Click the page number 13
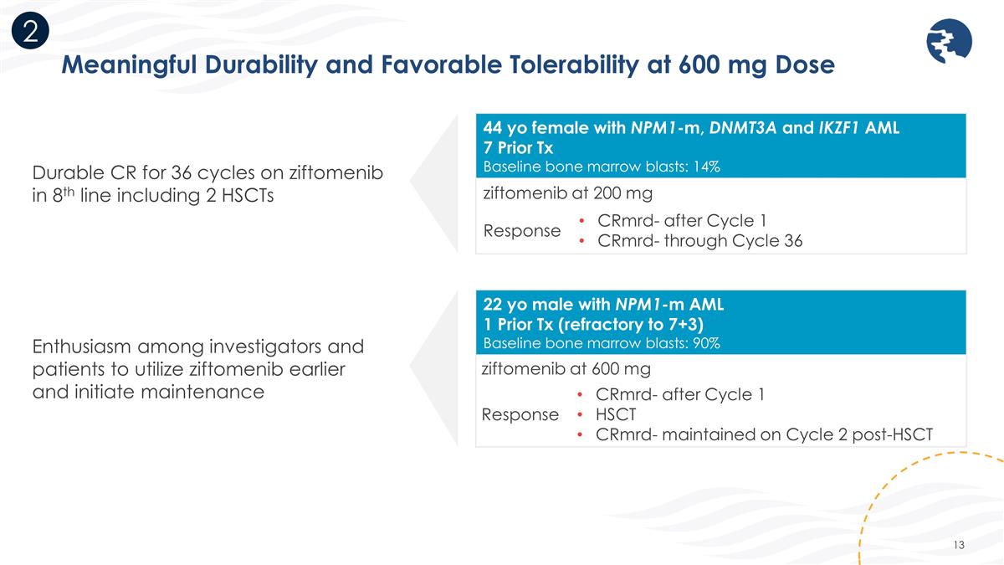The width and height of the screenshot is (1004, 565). click(x=959, y=546)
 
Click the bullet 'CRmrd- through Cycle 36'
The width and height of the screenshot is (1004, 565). click(x=699, y=242)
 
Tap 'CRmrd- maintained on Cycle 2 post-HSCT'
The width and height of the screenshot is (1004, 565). click(x=764, y=434)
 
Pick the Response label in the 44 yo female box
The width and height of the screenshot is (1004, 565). click(x=521, y=231)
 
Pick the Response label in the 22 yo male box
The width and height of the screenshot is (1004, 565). click(x=520, y=413)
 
